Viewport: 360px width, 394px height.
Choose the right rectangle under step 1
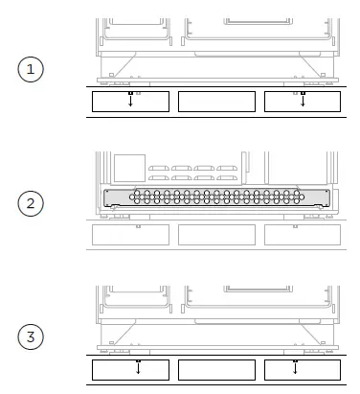point(303,102)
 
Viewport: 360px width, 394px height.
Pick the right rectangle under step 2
point(303,234)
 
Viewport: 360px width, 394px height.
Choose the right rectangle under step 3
point(303,369)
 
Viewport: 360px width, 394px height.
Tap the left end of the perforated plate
point(109,197)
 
